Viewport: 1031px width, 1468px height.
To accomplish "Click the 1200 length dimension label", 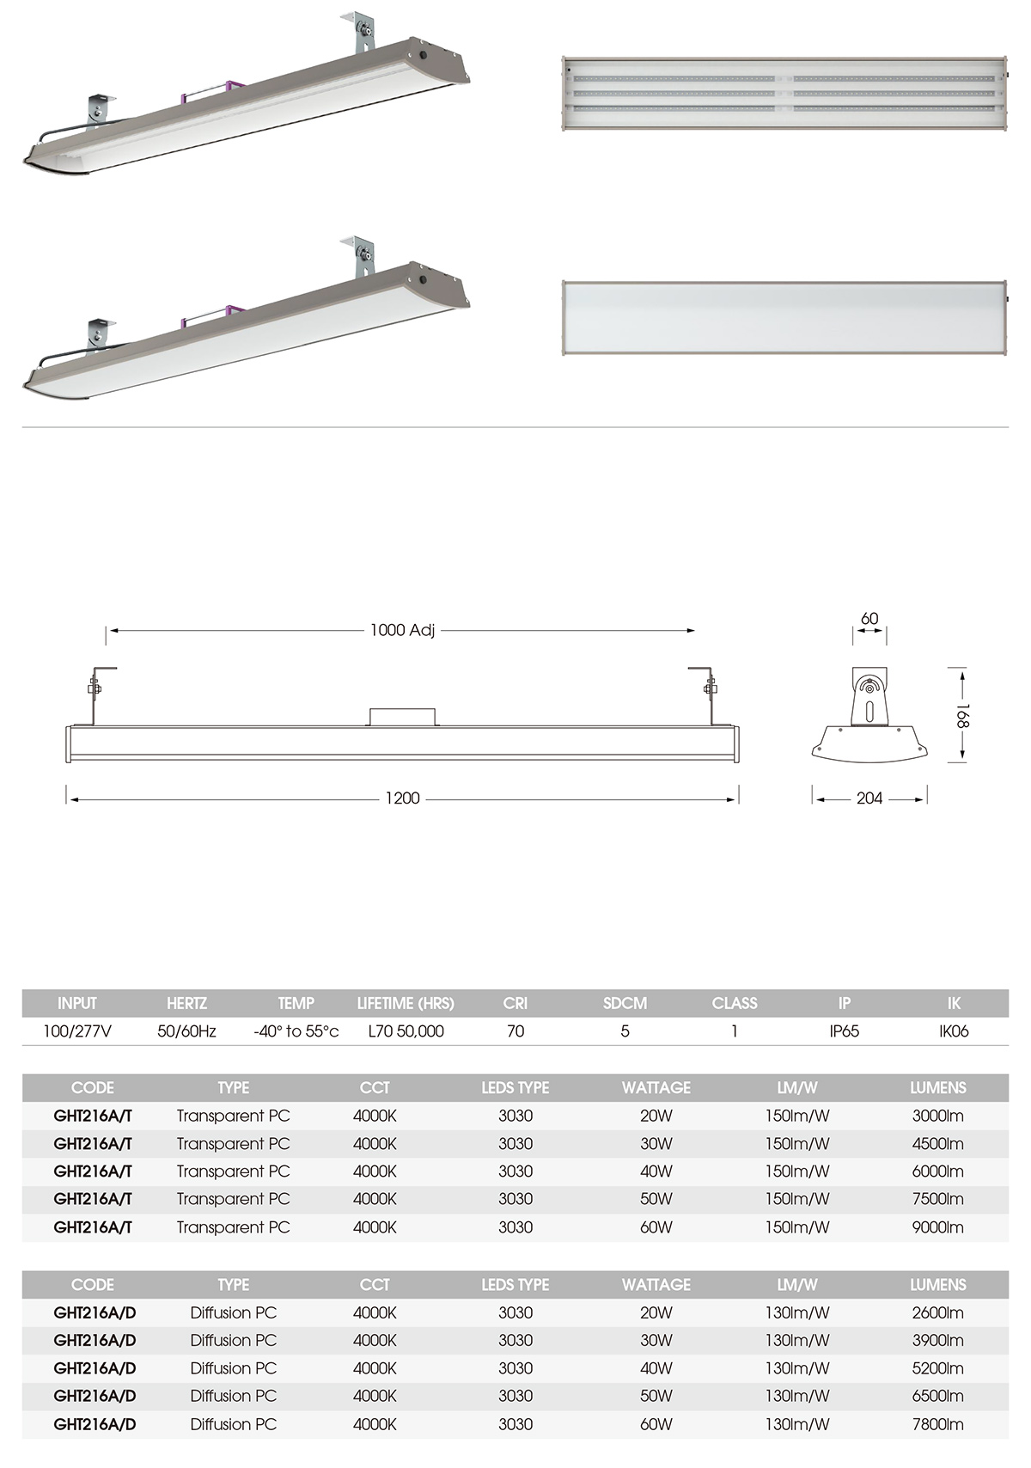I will [x=402, y=798].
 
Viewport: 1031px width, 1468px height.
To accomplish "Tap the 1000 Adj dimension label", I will [x=402, y=630].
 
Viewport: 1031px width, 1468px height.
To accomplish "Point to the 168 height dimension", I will [x=962, y=715].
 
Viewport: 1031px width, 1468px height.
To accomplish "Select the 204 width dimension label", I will [x=869, y=798].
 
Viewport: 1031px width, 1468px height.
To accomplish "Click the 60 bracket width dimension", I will [x=869, y=618].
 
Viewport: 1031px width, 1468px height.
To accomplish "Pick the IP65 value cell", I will [x=844, y=1031].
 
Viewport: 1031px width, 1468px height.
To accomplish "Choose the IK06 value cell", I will [x=954, y=1031].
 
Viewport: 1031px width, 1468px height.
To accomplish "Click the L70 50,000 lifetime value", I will [x=406, y=1031].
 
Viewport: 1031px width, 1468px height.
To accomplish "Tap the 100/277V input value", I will [x=77, y=1031].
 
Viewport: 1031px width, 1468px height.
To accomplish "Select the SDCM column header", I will [x=625, y=1003].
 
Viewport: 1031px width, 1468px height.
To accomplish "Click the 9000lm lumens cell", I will [x=937, y=1227].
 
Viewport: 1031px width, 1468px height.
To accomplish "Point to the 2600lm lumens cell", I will [x=937, y=1312].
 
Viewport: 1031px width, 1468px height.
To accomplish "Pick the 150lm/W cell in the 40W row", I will [x=797, y=1171].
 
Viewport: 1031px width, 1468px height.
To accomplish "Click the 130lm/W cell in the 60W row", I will [x=797, y=1424].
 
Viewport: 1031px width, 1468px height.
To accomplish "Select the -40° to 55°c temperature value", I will [x=296, y=1031].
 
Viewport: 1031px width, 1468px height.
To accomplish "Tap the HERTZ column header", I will [x=186, y=1003].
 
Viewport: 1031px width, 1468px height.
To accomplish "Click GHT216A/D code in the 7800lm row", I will [x=95, y=1424].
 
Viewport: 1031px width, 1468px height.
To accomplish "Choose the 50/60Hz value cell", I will [x=186, y=1031].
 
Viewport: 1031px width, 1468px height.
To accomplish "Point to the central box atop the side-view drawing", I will [x=402, y=717].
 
